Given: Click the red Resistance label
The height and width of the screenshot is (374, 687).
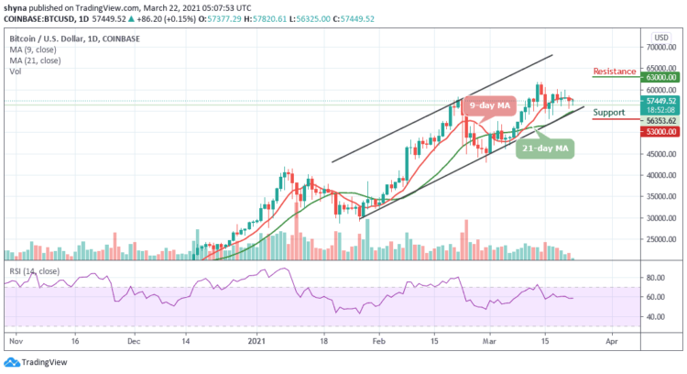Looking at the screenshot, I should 615,71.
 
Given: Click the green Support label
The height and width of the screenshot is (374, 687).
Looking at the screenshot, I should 609,113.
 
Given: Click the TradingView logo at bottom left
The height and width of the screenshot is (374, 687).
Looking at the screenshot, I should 37,359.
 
